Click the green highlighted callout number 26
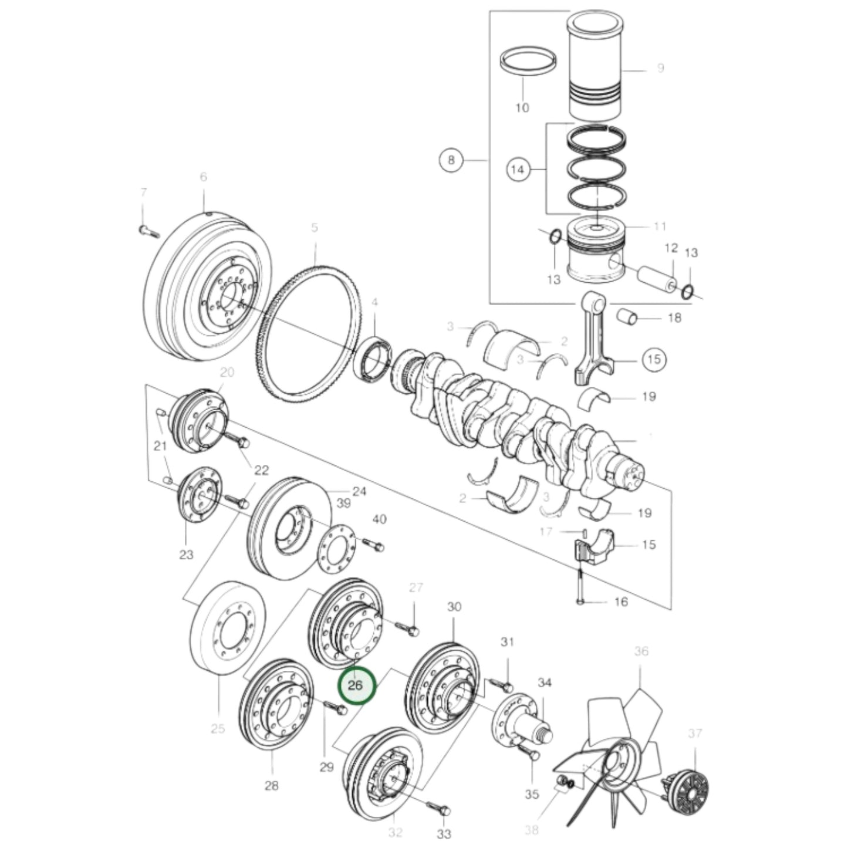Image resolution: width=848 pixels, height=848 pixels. [356, 685]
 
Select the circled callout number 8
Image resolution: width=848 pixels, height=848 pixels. [451, 160]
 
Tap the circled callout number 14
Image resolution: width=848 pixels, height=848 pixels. [517, 170]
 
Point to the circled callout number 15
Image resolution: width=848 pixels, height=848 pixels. [654, 359]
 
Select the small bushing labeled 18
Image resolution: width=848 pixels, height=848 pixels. [629, 317]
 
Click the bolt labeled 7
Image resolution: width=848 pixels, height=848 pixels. [149, 231]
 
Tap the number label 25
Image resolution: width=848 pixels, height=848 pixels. [218, 729]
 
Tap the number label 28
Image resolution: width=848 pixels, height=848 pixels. [271, 785]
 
